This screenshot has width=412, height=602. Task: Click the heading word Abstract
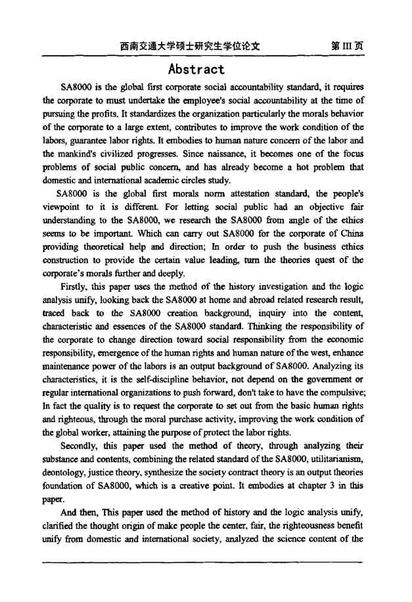pos(196,69)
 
